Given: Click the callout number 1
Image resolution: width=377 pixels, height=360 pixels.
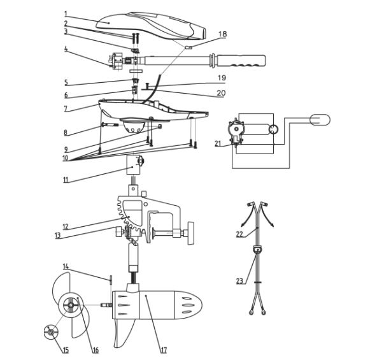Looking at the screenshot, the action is [x=66, y=14].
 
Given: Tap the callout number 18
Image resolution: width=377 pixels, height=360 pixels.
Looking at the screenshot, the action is [x=223, y=34].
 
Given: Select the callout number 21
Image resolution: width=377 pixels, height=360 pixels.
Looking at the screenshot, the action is [x=218, y=143].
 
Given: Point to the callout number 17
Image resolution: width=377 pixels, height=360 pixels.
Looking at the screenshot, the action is [x=164, y=350].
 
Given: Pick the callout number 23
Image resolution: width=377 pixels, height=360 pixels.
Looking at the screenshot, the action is [x=239, y=281].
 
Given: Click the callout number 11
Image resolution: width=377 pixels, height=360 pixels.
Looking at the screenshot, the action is [x=66, y=180].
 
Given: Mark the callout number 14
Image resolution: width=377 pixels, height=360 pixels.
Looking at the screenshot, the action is [x=66, y=266].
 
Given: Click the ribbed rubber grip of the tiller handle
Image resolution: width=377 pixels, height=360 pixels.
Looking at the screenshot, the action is [x=241, y=61].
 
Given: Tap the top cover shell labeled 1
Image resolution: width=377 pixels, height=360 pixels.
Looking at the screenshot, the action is [x=152, y=25].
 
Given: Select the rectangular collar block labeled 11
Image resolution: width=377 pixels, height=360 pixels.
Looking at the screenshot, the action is [x=133, y=165].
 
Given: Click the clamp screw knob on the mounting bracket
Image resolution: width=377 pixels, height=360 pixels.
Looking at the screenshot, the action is [x=191, y=233].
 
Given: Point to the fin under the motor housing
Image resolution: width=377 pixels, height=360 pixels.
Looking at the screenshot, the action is [x=123, y=333].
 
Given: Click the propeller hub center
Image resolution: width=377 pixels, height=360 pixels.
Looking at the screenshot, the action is [x=71, y=305].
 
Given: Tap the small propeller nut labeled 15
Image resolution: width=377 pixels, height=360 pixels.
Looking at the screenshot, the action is [x=51, y=332].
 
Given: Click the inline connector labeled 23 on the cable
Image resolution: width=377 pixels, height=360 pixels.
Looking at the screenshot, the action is [x=257, y=250].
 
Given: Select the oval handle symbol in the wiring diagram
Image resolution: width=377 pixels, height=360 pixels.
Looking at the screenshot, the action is [x=320, y=120].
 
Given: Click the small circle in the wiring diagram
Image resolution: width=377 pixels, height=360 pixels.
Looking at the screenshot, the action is [x=274, y=130].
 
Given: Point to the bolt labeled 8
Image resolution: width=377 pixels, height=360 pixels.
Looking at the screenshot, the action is [x=110, y=125].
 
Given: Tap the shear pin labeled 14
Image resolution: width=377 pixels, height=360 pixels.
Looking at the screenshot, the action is [x=111, y=280].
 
